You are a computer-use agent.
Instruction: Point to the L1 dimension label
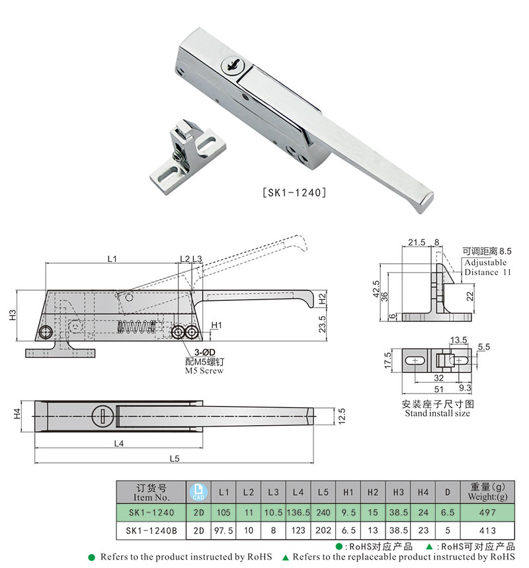pos(111,259)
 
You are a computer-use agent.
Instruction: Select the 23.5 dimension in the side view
pos(323,324)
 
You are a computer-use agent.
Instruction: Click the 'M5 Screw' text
pos(204,371)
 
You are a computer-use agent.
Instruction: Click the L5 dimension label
pos(174,458)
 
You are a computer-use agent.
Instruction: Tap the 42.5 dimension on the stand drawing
pos(374,289)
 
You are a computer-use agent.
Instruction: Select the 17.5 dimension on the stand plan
pos(388,361)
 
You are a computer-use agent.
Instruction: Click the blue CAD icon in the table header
pos(198,493)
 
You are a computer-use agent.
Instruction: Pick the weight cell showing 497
pos(487,512)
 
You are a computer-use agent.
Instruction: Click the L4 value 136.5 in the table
pos(298,512)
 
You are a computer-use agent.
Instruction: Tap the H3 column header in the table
pos(397,493)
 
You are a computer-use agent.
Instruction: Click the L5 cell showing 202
pos(323,530)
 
